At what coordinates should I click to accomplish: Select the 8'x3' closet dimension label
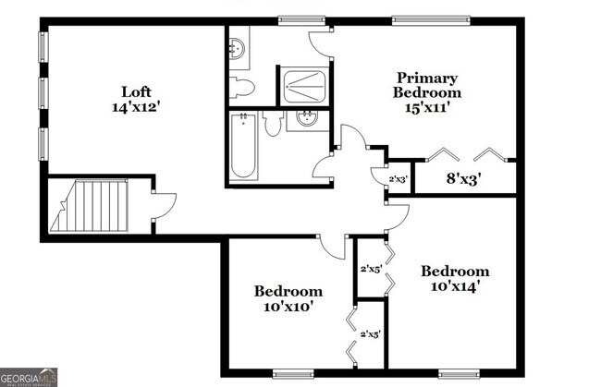pyautogui.click(x=464, y=177)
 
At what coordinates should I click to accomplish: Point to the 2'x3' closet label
pyautogui.click(x=398, y=178)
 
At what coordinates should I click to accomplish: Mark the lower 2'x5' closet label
pyautogui.click(x=371, y=333)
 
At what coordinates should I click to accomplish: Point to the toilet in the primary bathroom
pyautogui.click(x=243, y=88)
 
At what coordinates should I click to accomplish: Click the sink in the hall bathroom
pyautogui.click(x=305, y=120)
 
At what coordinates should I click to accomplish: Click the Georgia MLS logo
pyautogui.click(x=31, y=377)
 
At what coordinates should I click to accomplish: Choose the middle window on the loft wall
pyautogui.click(x=41, y=93)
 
